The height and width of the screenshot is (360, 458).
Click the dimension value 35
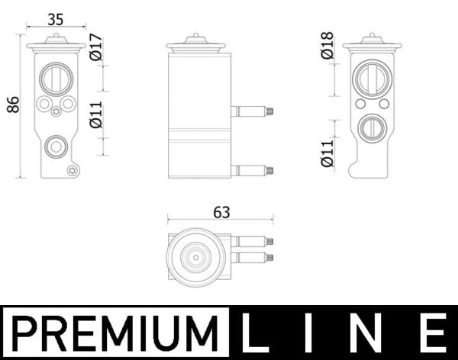pyautogui.click(x=55, y=18)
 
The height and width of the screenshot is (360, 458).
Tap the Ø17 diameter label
pyautogui.click(x=96, y=47)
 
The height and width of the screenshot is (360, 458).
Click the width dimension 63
pyautogui.click(x=222, y=213)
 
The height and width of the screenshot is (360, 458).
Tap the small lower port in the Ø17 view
pyautogui.click(x=55, y=146)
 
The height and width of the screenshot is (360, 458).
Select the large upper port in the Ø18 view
pyautogui.click(x=372, y=78)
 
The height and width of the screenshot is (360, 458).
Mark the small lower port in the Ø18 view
pyautogui.click(x=372, y=127)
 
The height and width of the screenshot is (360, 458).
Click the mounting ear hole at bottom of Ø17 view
pyautogui.click(x=73, y=170)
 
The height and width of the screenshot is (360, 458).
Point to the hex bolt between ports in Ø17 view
pyautogui.click(x=56, y=112)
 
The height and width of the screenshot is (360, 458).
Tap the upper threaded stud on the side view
pyautogui.click(x=253, y=111)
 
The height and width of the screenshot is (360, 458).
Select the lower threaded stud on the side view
pyautogui.click(x=253, y=170)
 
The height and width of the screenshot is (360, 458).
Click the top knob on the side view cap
pyautogui.click(x=196, y=36)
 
